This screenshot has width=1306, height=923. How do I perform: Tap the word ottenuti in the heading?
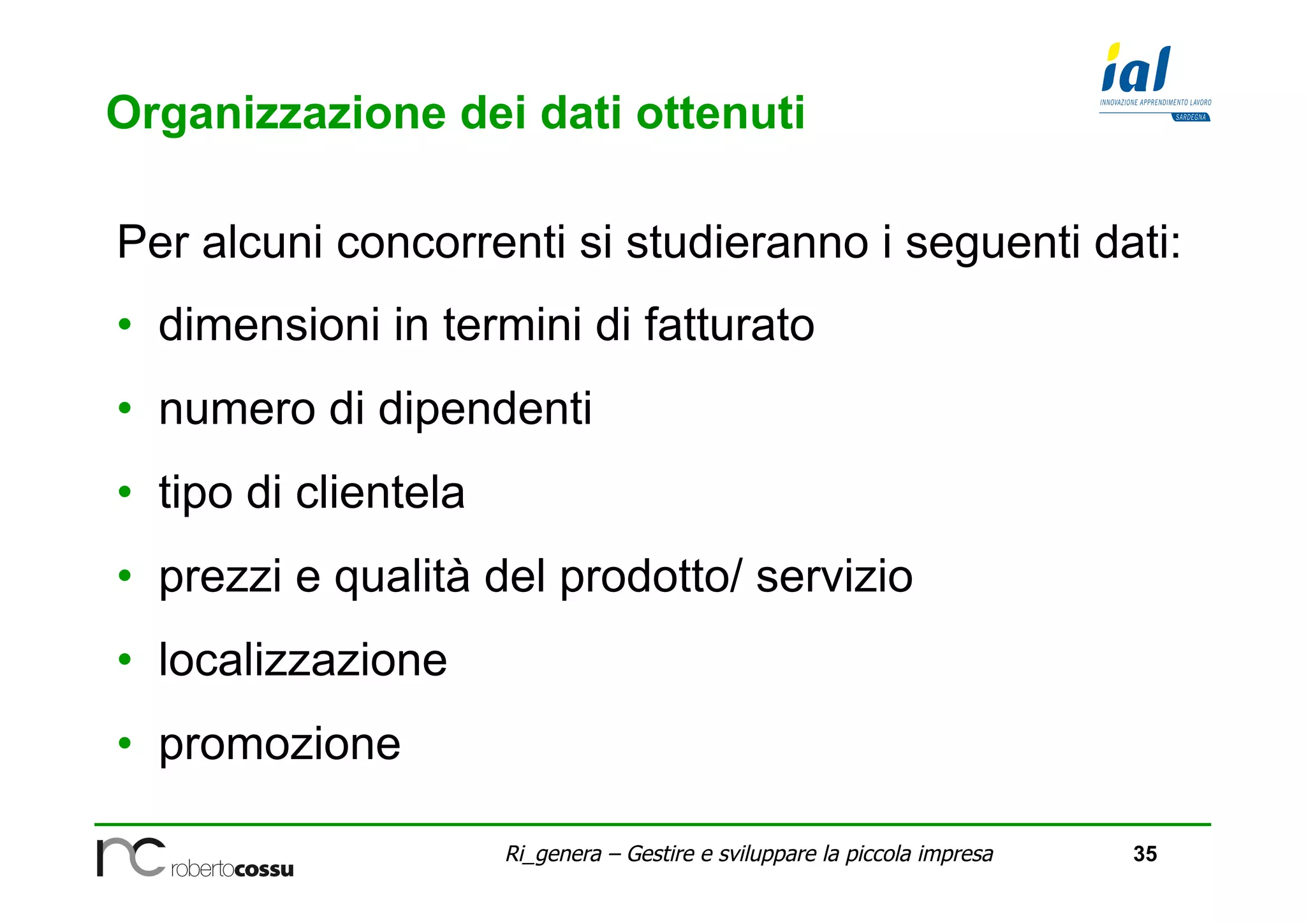pyautogui.click(x=721, y=114)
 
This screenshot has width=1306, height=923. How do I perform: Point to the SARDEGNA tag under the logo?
pyautogui.click(x=1191, y=117)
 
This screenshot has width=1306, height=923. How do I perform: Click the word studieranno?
pyautogui.click(x=747, y=243)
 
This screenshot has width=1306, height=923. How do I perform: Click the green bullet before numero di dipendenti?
pyautogui.click(x=125, y=408)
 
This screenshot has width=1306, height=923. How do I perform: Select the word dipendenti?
pyautogui.click(x=485, y=410)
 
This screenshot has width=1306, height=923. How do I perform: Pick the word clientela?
pyautogui.click(x=380, y=493)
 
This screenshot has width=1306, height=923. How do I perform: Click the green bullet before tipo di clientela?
pyautogui.click(x=125, y=492)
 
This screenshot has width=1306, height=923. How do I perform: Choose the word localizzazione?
pyautogui.click(x=303, y=660)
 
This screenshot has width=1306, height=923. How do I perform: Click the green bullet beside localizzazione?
pyautogui.click(x=125, y=659)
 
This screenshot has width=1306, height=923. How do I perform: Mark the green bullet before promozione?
pyautogui.click(x=125, y=743)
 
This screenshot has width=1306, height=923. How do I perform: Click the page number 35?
pyautogui.click(x=1145, y=854)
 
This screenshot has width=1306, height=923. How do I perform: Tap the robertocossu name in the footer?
pyautogui.click(x=232, y=869)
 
